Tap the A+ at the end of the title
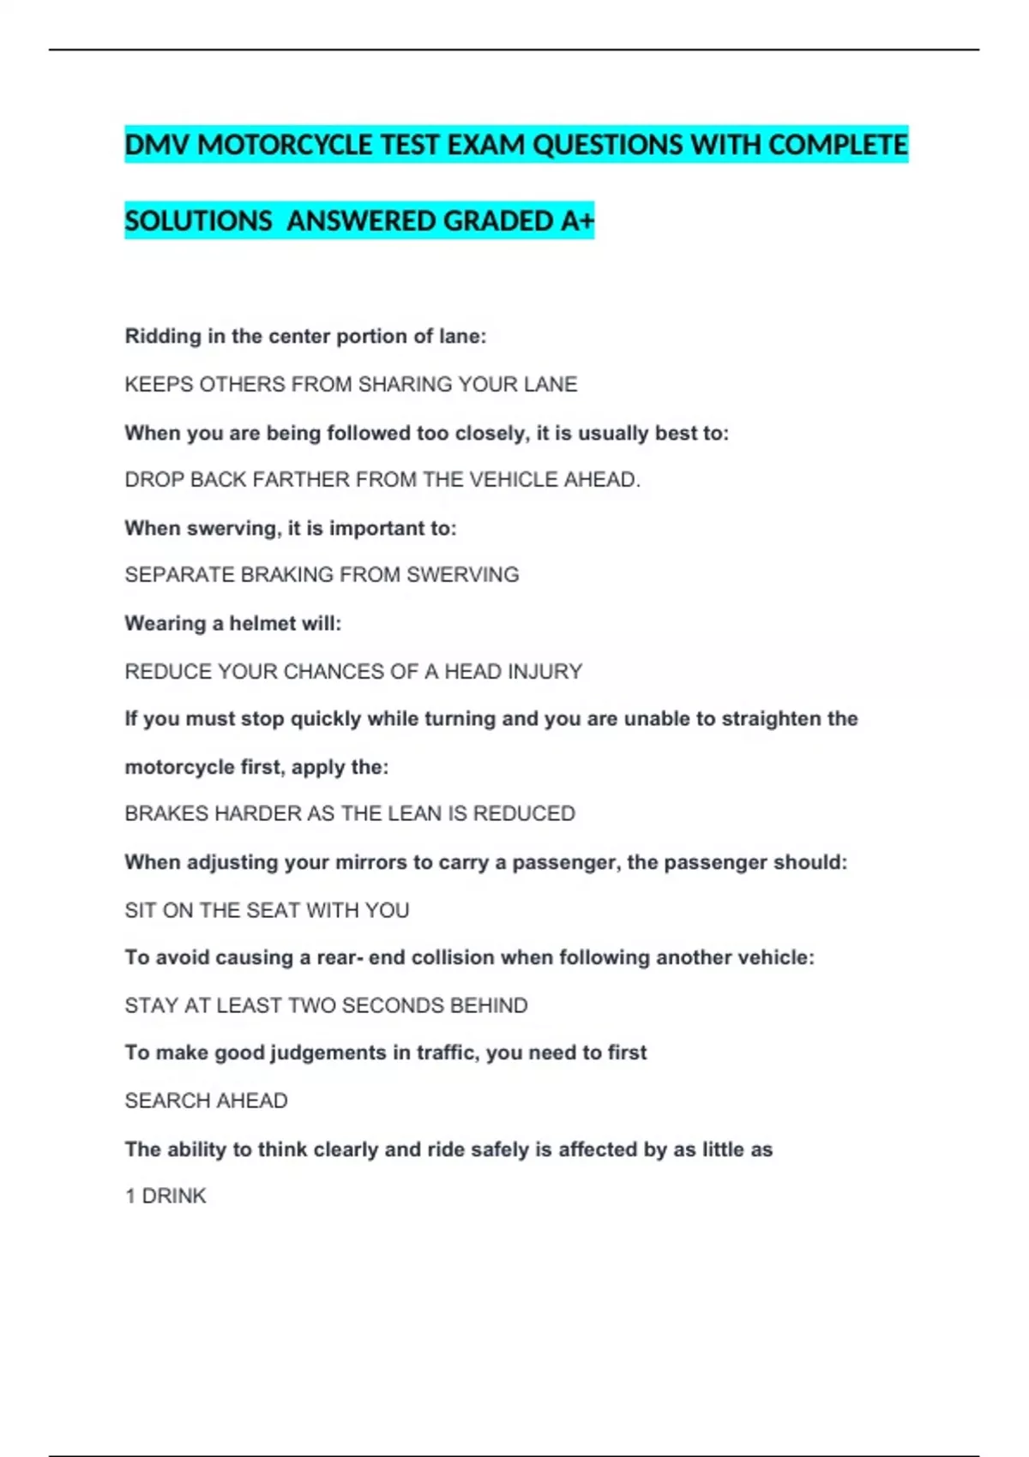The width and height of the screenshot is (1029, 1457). point(577,221)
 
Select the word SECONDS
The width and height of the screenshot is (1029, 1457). point(393,1005)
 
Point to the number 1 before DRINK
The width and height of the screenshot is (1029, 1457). point(130,1196)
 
